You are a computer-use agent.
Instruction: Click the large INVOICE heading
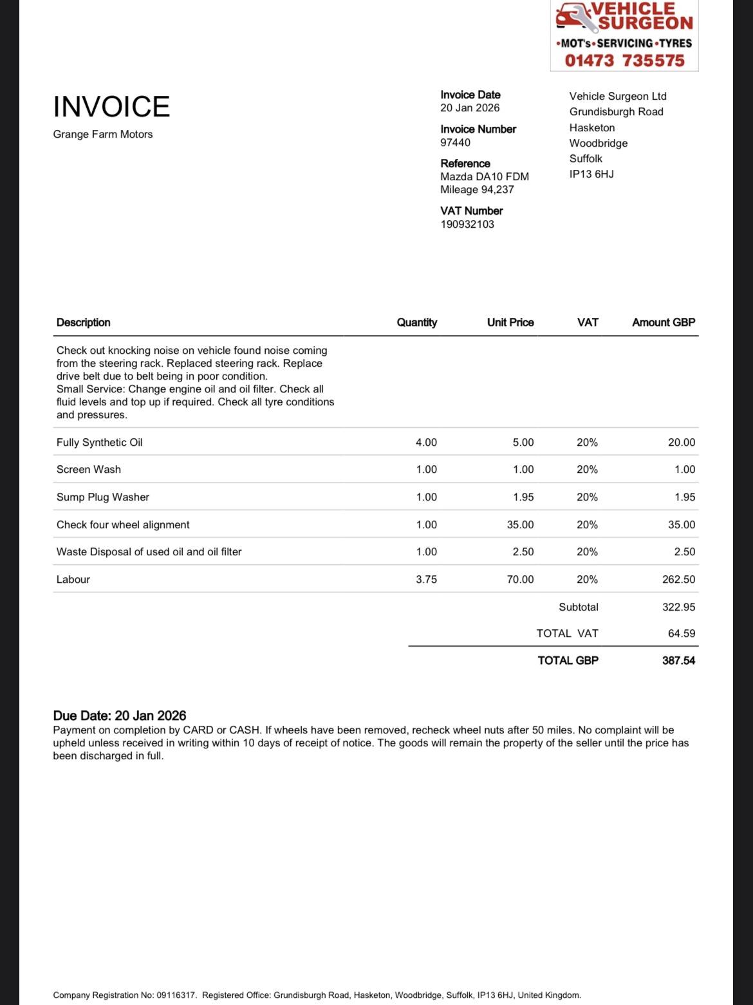coord(111,107)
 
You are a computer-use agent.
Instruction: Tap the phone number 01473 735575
coord(624,60)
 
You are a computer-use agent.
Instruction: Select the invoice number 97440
coord(455,142)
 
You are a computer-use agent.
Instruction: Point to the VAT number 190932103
coord(467,224)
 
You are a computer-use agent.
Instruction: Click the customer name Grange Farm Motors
coord(103,134)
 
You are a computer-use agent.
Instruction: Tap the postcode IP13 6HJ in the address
coord(591,174)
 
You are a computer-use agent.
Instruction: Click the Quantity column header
coord(416,322)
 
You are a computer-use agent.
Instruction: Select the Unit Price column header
coord(510,322)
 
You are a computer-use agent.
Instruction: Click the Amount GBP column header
coord(664,322)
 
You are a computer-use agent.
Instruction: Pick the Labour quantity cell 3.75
coord(426,579)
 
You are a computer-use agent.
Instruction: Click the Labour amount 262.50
coord(678,579)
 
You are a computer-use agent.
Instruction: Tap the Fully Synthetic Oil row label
coord(99,442)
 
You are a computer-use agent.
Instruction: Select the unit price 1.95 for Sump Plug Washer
coord(523,497)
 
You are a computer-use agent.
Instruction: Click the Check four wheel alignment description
coord(123,524)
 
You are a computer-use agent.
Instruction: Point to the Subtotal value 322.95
coord(678,607)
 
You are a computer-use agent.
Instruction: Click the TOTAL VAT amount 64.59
coord(682,633)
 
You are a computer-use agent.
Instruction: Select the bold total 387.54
coord(678,660)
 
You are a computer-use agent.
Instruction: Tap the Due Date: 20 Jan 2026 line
coord(120,715)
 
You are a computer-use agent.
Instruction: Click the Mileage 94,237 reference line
coord(477,189)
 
